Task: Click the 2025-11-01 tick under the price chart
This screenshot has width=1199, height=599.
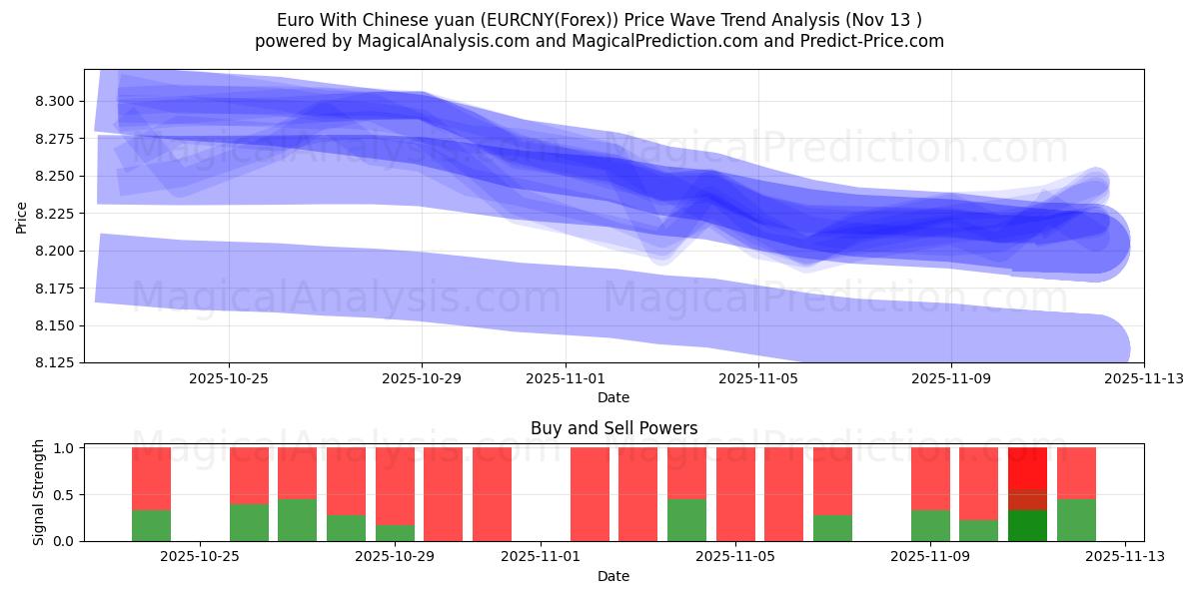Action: (566, 379)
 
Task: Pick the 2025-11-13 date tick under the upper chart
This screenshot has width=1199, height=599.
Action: (1143, 379)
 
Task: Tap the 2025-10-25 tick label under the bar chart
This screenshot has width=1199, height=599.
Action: (201, 557)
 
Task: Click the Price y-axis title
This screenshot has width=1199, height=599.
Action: (22, 217)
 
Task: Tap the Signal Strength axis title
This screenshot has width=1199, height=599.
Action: (39, 493)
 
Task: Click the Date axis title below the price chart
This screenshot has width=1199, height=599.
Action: (613, 397)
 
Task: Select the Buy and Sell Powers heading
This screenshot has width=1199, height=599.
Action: (613, 428)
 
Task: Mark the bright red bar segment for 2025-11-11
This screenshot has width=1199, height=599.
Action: (1027, 467)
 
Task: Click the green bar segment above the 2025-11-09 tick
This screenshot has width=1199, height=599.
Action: (930, 525)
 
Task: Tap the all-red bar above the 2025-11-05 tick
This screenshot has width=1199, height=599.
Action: (735, 494)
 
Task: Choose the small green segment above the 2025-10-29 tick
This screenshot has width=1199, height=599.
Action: (395, 533)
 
